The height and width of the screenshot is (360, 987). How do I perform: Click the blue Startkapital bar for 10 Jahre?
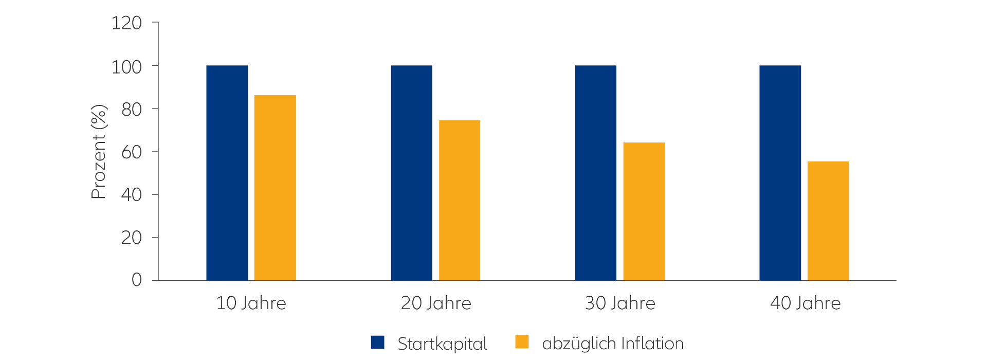[x=227, y=173]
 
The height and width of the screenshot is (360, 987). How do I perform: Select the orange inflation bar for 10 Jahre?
[x=275, y=188]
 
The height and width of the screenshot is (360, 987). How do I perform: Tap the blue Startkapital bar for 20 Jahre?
[x=411, y=173]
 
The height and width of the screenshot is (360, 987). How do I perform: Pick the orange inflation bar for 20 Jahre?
[x=460, y=200]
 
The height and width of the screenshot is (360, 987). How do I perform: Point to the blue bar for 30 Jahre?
[x=596, y=173]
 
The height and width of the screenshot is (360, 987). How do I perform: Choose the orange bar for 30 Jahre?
[x=644, y=211]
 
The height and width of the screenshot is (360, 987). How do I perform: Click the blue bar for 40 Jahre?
[x=780, y=173]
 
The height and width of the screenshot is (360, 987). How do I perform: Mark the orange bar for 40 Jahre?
[x=828, y=221]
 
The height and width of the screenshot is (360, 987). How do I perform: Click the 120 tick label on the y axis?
[x=127, y=23]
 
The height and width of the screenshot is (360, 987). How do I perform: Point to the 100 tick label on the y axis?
[x=127, y=66]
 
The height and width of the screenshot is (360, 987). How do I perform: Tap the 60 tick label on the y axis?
[x=132, y=152]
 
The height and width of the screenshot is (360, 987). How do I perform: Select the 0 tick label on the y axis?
[x=137, y=280]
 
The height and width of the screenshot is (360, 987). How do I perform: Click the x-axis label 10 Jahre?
[x=251, y=303]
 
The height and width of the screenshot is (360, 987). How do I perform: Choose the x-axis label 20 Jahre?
[x=436, y=303]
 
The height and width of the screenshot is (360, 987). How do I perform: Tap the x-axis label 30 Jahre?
[x=620, y=303]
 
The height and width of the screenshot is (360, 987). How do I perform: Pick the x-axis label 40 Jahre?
[x=805, y=303]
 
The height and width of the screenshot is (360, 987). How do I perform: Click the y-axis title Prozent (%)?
[x=99, y=152]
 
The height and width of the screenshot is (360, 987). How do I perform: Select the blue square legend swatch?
[x=378, y=343]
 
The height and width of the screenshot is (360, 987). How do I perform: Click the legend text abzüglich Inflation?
[x=613, y=344]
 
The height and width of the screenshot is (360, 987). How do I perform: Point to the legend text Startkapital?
[x=442, y=344]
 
